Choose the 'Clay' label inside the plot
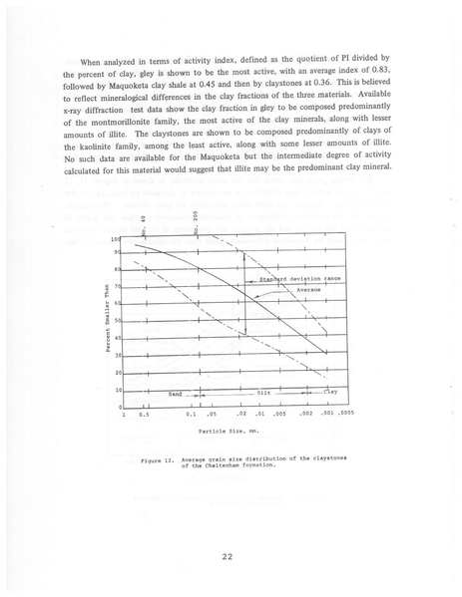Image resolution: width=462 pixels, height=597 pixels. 330,392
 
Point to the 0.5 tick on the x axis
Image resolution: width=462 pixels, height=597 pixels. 144,415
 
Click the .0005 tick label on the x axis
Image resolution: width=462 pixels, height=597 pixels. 344,414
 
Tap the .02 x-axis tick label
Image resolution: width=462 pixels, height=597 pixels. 241,414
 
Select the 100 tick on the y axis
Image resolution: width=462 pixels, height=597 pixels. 116,240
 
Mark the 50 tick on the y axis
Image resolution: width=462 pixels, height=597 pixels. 117,321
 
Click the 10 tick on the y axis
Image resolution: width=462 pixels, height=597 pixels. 117,390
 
